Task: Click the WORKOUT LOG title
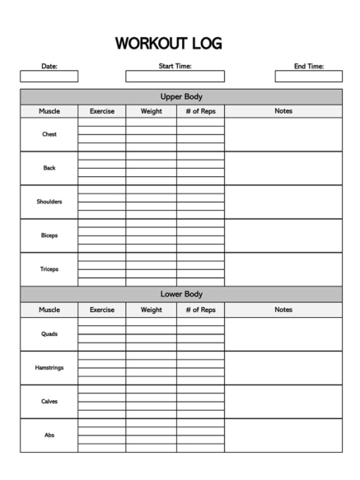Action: coord(168,43)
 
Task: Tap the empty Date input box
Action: coord(49,77)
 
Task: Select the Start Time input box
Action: coord(175,77)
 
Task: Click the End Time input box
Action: coord(308,77)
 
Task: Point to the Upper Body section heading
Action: coord(180,96)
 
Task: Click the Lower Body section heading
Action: coord(180,294)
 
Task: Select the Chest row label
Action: coord(49,134)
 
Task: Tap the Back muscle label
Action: coord(49,168)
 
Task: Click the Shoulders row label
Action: coord(49,202)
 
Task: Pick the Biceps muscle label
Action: coord(49,235)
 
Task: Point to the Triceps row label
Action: coord(49,269)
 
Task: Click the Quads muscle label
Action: coord(49,334)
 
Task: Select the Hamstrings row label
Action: coord(49,368)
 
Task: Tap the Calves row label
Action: coord(49,402)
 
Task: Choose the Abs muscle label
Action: coord(49,436)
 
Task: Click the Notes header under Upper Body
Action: coord(283,111)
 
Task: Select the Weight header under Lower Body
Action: coord(151,310)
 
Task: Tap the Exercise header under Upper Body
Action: coord(102,111)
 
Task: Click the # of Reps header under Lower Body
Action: coord(200,310)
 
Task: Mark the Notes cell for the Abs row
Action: coord(283,436)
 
